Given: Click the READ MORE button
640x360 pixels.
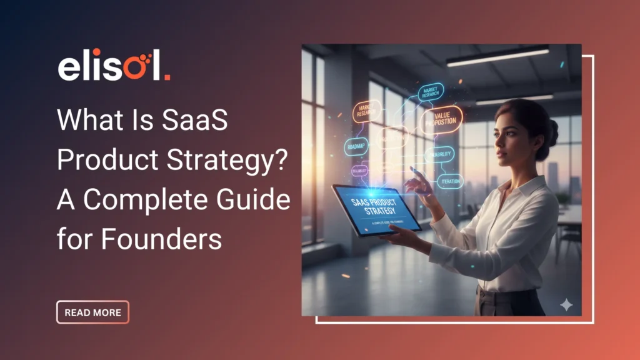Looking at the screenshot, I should [x=92, y=312].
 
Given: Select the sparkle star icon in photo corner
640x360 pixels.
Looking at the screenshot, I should [x=566, y=304].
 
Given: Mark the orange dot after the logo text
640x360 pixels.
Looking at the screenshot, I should [x=167, y=77].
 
